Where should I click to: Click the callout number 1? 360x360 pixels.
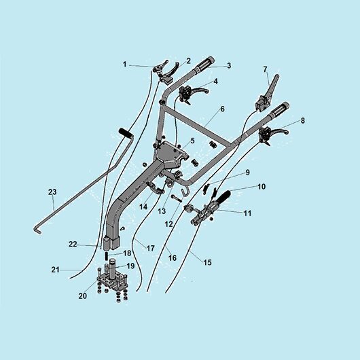125,65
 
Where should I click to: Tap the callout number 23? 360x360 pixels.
52,192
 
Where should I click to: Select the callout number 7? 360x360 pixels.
265,69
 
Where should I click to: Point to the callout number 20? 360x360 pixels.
83,296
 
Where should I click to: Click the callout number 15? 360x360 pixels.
208,262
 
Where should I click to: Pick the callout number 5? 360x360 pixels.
192,141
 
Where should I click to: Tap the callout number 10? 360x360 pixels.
262,187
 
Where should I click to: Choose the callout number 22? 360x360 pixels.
73,244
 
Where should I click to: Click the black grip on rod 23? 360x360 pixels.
126,133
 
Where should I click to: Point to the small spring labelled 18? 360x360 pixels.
107,255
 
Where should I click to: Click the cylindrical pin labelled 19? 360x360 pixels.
113,269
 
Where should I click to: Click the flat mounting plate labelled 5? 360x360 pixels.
171,154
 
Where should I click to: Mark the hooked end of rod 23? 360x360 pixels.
38,230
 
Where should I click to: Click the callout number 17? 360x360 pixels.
151,248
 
